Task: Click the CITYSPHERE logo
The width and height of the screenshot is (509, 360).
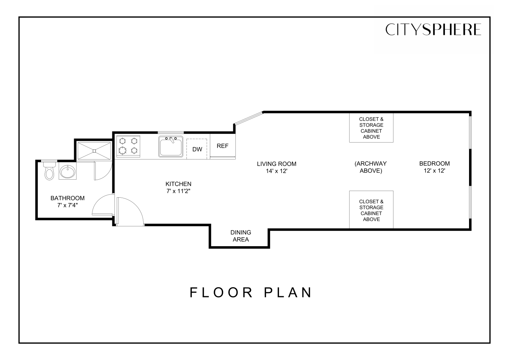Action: (x=433, y=30)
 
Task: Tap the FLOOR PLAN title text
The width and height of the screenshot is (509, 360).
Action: (x=251, y=292)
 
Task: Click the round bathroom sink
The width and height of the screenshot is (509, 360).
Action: (x=67, y=172)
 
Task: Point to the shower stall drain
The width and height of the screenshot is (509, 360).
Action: (x=94, y=151)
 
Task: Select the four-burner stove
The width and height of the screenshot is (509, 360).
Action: (x=128, y=146)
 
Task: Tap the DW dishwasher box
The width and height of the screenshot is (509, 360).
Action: (x=197, y=149)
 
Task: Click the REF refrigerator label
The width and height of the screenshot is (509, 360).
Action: (x=222, y=146)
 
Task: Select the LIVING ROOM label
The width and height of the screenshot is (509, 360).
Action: (x=276, y=164)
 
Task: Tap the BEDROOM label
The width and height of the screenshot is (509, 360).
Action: (x=434, y=164)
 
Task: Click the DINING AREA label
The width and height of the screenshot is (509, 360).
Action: (x=240, y=236)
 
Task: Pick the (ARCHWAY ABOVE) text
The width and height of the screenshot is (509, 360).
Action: (x=370, y=167)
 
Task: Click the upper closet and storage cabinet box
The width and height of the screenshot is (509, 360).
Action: (x=371, y=128)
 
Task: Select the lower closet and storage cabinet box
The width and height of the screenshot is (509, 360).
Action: (x=371, y=210)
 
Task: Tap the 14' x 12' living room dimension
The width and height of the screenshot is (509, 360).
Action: (x=276, y=171)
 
